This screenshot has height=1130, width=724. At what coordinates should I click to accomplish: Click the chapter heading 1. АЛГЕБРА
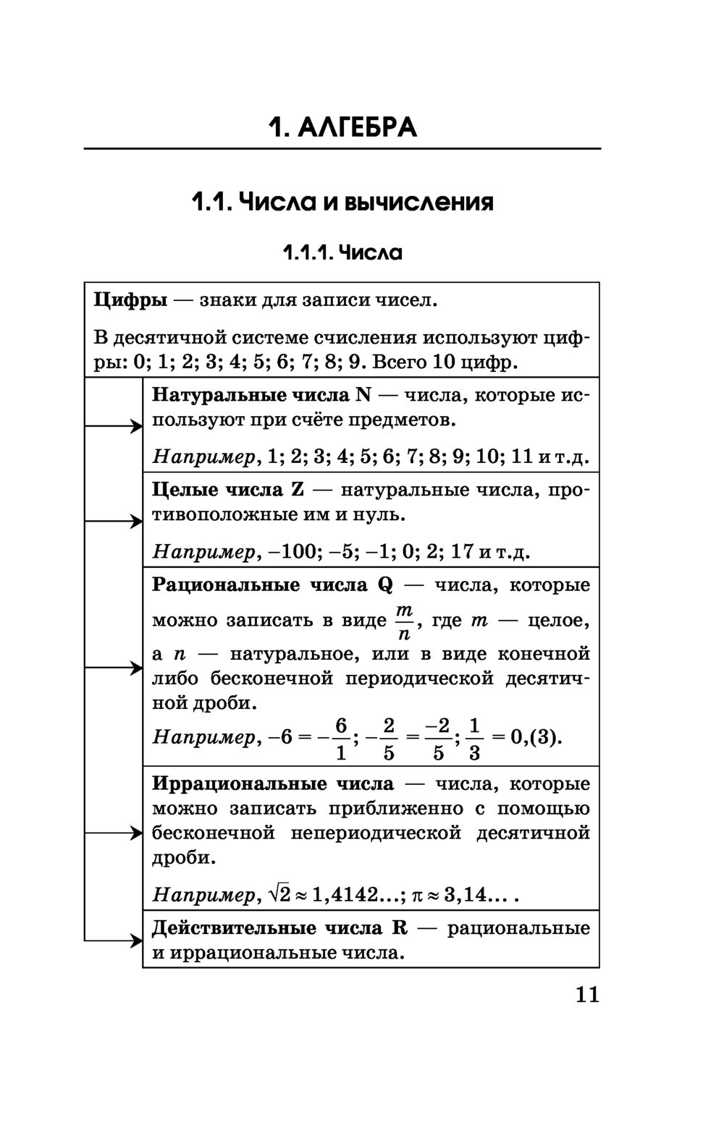pos(342,127)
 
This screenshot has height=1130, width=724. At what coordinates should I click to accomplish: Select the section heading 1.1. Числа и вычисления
pos(342,201)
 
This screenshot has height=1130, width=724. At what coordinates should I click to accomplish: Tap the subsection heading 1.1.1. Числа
pos(342,253)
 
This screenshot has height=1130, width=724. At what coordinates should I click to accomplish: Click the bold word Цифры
pos(130,300)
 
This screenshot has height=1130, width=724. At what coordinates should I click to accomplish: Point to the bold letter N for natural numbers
pos(363,396)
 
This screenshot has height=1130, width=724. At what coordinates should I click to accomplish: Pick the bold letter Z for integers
pos(298,490)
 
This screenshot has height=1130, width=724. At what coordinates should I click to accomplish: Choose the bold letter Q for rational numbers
pos(385,585)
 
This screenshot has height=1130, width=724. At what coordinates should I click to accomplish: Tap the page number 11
pos(588,995)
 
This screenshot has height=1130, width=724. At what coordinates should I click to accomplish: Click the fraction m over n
pos(404,622)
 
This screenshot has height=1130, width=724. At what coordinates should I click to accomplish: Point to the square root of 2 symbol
pos(279,895)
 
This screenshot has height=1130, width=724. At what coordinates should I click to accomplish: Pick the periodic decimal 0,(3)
pos(535,738)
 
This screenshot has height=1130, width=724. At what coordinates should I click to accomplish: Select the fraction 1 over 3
pos(474,739)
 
